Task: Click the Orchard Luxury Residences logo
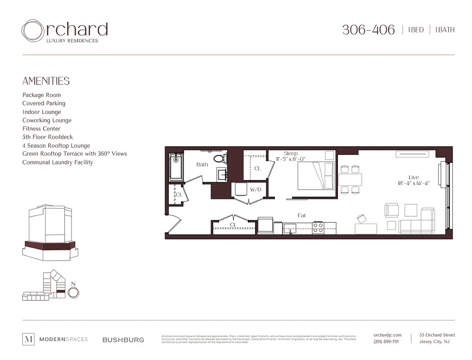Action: pos(65,31)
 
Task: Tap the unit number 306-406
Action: pos(368,30)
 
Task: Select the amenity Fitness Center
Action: pos(41,129)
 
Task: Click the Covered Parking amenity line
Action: pos(44,103)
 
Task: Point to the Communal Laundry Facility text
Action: pos(58,162)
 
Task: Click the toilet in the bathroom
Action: pos(220,158)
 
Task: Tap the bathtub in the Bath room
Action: pos(175,167)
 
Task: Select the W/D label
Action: pos(256,190)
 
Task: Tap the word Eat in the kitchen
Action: pos(301,216)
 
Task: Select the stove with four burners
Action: pos(318,227)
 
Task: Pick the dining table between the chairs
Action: pos(350,180)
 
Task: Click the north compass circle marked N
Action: pos(73,292)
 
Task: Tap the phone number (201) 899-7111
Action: pos(386,342)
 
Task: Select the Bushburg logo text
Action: pos(123,340)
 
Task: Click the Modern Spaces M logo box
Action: pos(28,339)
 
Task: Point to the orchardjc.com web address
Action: pos(387,335)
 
